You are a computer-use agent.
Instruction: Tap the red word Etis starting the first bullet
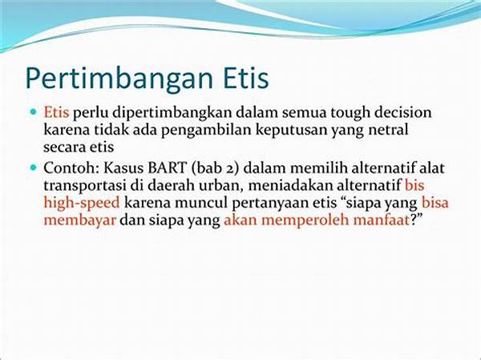tap(56, 112)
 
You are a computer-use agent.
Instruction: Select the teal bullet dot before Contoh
tap(33, 168)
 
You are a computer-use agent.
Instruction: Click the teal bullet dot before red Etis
tap(33, 111)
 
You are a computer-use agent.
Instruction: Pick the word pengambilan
tap(207, 131)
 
